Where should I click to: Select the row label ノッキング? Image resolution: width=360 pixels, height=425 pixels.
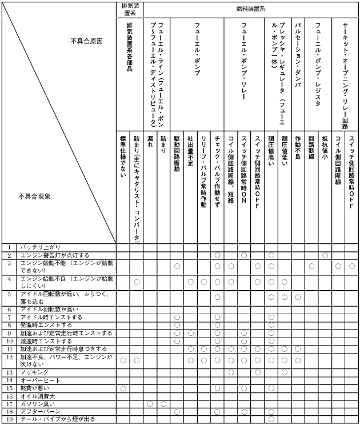click(35, 372)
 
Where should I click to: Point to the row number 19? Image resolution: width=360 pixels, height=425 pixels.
click(9, 419)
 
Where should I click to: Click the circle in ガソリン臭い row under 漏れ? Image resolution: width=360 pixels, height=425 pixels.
click(150, 403)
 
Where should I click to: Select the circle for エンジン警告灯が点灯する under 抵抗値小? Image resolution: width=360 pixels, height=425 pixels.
click(325, 255)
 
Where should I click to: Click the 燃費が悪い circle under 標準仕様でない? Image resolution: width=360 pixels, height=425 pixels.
click(123, 388)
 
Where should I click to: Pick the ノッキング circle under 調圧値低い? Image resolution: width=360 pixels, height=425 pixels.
click(285, 372)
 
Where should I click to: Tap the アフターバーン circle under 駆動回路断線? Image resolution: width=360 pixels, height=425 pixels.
click(177, 411)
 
